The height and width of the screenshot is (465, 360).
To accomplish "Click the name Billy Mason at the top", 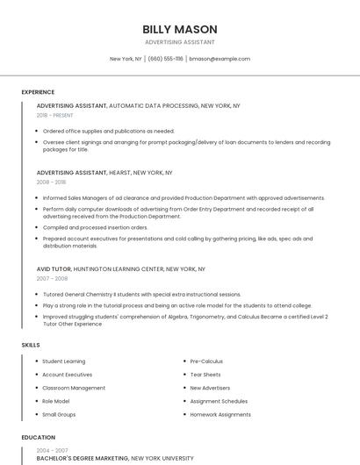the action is pyautogui.click(x=179, y=29).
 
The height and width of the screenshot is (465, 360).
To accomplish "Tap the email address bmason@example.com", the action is pyautogui.click(x=220, y=59).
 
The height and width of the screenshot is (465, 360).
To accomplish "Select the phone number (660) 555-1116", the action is pyautogui.click(x=165, y=59).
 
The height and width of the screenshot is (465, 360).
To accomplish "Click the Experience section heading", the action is pyautogui.click(x=38, y=92).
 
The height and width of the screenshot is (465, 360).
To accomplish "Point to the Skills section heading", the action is pyautogui.click(x=31, y=345).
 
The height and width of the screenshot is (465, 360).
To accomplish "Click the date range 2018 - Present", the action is pyautogui.click(x=55, y=115).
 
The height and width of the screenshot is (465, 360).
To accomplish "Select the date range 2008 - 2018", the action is pyautogui.click(x=51, y=182).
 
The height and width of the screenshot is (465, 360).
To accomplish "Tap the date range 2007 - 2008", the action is pyautogui.click(x=52, y=278).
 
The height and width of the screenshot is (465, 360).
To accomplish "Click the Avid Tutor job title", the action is pyautogui.click(x=54, y=268).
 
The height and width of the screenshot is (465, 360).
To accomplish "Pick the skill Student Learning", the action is pyautogui.click(x=64, y=361).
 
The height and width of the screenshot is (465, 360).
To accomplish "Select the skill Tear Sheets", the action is pyautogui.click(x=205, y=375).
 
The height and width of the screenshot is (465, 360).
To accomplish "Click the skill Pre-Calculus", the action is pyautogui.click(x=206, y=361).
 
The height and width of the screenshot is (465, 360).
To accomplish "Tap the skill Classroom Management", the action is pyautogui.click(x=74, y=388).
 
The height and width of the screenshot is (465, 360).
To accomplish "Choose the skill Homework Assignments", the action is pyautogui.click(x=220, y=414).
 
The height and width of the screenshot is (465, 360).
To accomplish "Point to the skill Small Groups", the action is pyautogui.click(x=60, y=414).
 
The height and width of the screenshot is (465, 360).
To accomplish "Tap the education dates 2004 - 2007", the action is pyautogui.click(x=51, y=450).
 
